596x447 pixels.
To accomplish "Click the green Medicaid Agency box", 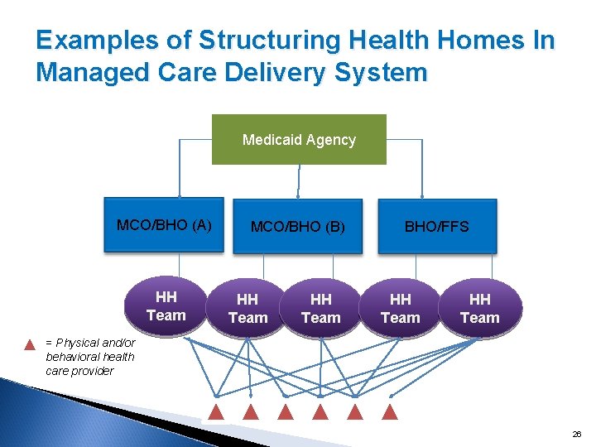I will (299, 140).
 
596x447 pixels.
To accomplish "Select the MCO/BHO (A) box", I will (164, 225).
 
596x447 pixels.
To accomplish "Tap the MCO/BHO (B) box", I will (298, 226).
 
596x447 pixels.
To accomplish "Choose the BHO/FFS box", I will (437, 226).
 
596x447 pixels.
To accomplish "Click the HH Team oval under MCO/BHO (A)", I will (166, 307).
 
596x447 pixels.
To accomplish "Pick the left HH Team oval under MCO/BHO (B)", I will (248, 309).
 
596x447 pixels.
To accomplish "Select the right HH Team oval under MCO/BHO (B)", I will (321, 309).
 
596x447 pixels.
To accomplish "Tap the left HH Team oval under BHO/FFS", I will (401, 309).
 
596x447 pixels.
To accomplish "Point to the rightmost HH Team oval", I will (480, 309).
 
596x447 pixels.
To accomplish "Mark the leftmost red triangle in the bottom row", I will (215, 411).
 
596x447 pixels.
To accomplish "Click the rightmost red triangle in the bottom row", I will (391, 411).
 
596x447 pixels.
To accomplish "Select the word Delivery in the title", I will (270, 72).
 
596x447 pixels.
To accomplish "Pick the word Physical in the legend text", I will (78, 343).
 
